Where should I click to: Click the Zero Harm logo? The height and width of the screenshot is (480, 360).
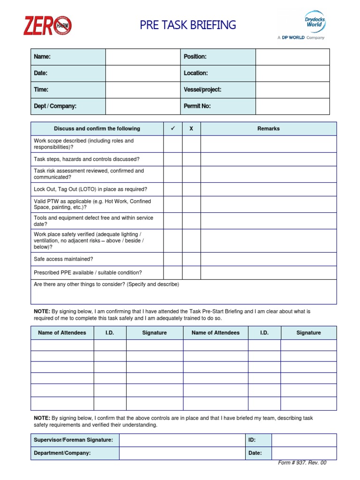pyautogui.click(x=47, y=25)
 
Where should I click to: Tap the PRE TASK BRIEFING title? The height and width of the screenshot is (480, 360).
pyautogui.click(x=187, y=25)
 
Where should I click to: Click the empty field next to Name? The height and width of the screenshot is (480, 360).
pyautogui.click(x=142, y=57)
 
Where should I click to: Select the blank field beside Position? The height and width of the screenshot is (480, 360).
pyautogui.click(x=292, y=57)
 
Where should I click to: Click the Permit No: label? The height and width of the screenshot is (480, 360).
pyautogui.click(x=197, y=106)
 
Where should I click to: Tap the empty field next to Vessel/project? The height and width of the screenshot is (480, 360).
pyautogui.click(x=292, y=90)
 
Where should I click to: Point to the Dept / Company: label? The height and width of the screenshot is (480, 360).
pyautogui.click(x=55, y=106)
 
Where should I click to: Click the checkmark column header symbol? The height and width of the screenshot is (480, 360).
pyautogui.click(x=172, y=128)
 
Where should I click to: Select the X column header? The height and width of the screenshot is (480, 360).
pyautogui.click(x=191, y=128)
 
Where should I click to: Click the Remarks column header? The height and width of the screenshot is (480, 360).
pyautogui.click(x=268, y=128)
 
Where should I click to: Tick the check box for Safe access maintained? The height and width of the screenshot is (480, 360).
pyautogui.click(x=172, y=259)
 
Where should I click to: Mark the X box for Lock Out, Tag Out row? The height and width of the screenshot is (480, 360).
pyautogui.click(x=191, y=189)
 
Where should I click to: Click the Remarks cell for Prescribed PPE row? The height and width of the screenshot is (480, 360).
pyautogui.click(x=268, y=273)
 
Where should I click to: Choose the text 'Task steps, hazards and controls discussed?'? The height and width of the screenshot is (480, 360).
pyautogui.click(x=87, y=159)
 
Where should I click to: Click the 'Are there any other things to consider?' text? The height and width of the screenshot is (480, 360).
pyautogui.click(x=106, y=285)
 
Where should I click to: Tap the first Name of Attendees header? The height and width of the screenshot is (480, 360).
pyautogui.click(x=62, y=333)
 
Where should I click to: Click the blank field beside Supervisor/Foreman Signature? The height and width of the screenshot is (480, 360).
pyautogui.click(x=182, y=440)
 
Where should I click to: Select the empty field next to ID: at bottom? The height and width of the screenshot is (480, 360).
pyautogui.click(x=304, y=440)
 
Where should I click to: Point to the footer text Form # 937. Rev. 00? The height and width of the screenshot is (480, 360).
pyautogui.click(x=302, y=463)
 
